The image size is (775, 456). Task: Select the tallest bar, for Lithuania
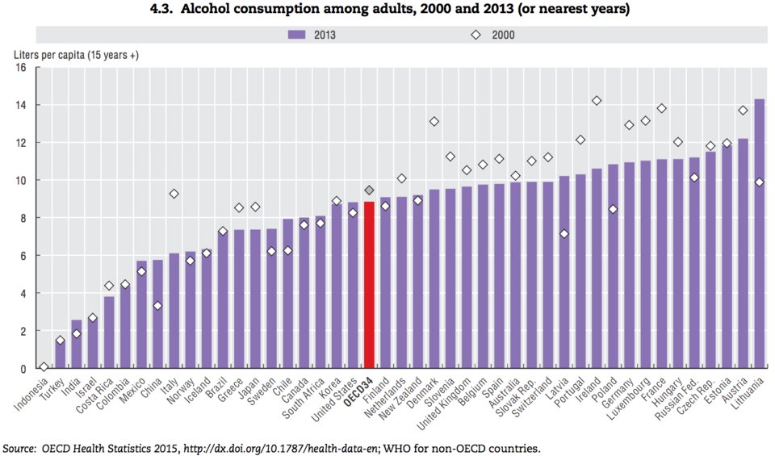pos(759,234)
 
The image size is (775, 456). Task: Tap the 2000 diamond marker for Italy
pos(174,194)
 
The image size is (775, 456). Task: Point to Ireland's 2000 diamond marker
pos(597,101)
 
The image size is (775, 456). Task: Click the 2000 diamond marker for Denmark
pos(434,121)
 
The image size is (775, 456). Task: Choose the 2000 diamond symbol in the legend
pos(476,35)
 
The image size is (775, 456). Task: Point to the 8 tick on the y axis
pos(23,218)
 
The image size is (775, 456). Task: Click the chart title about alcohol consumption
pos(387,10)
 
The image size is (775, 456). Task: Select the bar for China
pos(157,314)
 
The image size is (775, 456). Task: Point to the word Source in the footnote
pos(21,447)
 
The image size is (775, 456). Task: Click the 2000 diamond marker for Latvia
pos(563,234)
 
